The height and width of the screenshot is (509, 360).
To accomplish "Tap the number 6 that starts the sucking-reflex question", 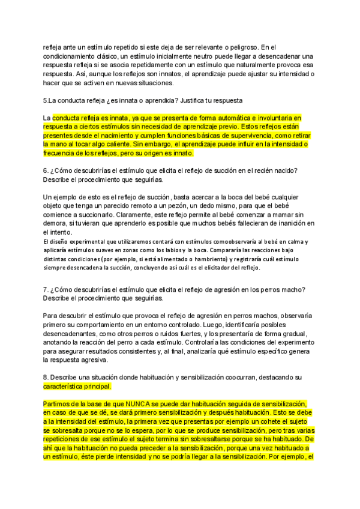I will point(45,170).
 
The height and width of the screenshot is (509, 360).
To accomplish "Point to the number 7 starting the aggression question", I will point(45,289).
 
